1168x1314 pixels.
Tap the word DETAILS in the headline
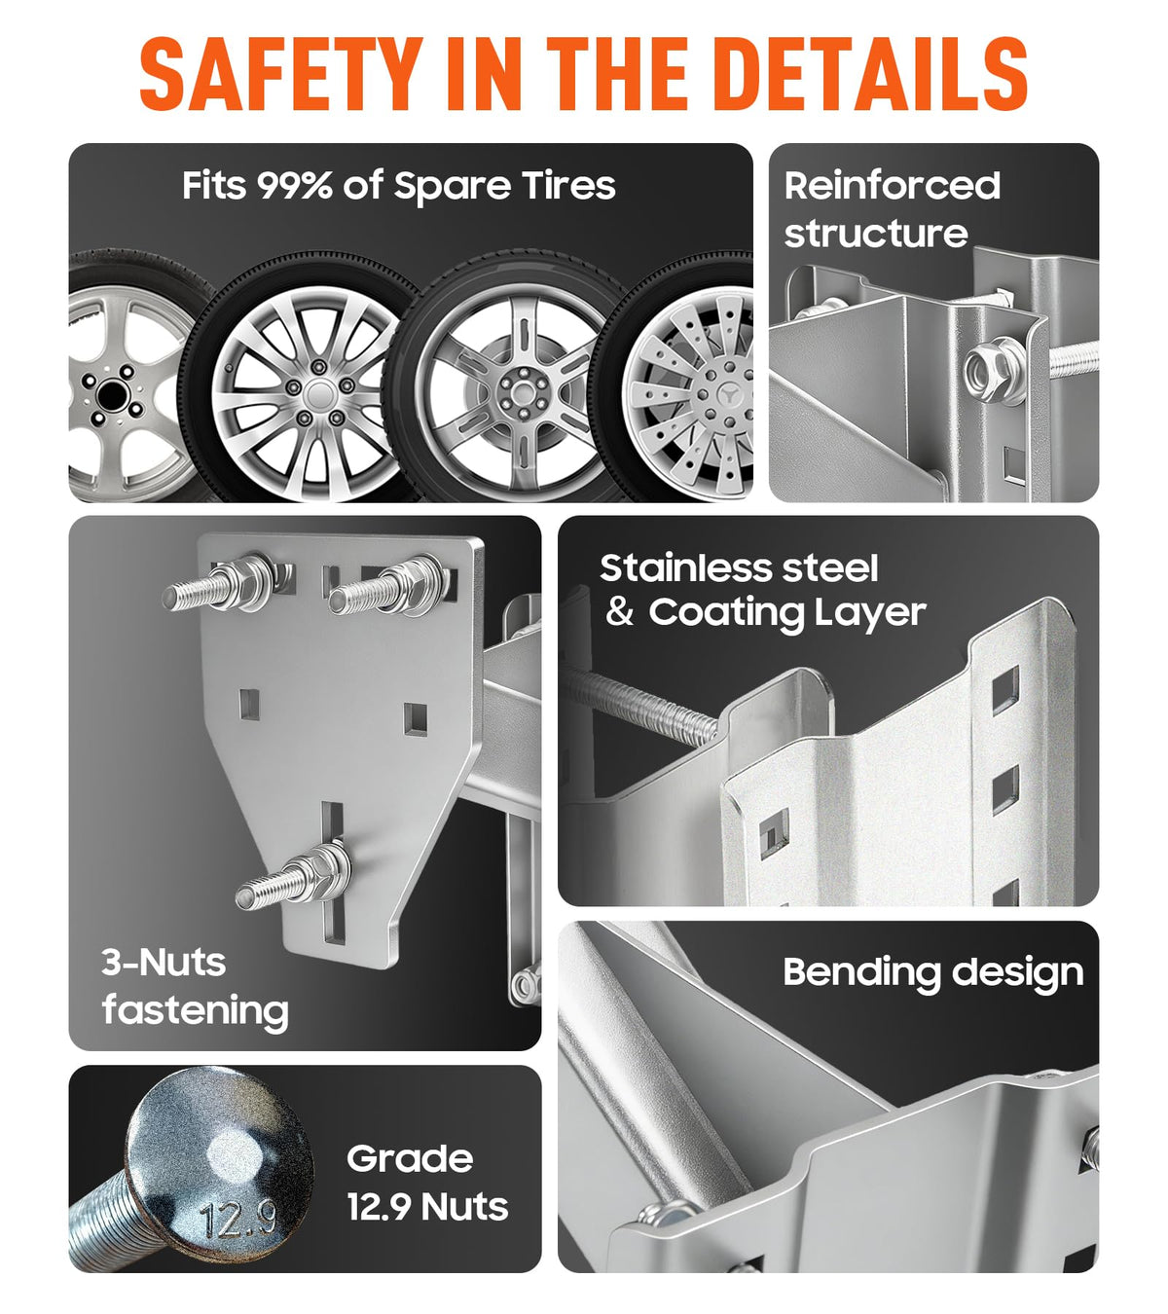874,73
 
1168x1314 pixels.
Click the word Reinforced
892,186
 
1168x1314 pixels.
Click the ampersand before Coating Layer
620,612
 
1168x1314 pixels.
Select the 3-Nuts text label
164,962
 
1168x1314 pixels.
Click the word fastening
196,1010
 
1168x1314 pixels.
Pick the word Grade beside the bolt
410,1158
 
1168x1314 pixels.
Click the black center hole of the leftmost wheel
112,394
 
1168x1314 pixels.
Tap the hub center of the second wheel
318,393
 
